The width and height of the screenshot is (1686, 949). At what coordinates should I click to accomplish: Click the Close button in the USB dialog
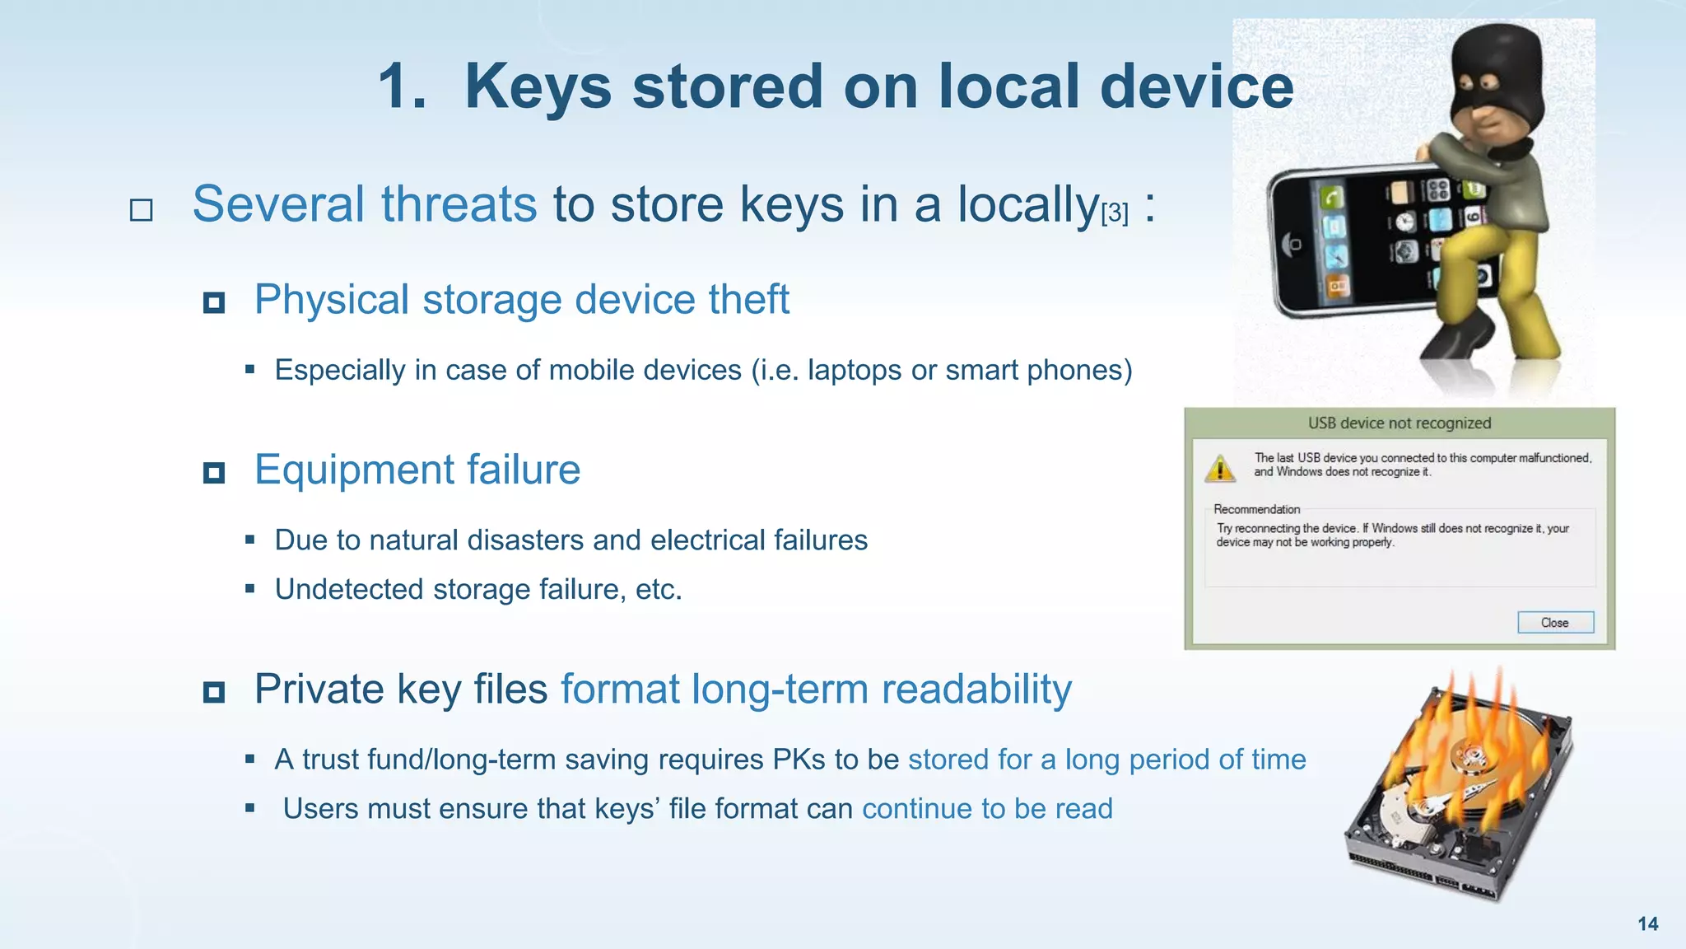point(1555,623)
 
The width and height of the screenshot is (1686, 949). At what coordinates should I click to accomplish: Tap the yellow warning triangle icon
point(1220,468)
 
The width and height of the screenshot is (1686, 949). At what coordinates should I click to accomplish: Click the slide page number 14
point(1647,923)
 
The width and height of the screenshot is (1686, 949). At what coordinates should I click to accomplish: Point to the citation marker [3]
point(1115,213)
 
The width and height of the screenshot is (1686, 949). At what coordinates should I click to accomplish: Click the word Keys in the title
point(538,86)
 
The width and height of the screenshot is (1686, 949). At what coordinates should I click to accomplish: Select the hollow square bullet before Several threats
point(142,210)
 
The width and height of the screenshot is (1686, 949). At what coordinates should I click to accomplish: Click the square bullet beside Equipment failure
point(214,473)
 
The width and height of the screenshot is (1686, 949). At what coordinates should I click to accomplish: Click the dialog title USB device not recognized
point(1400,423)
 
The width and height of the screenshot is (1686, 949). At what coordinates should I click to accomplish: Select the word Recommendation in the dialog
point(1256,509)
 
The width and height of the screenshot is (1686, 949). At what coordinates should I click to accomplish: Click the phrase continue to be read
point(987,809)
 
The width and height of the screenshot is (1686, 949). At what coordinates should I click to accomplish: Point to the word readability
point(976,690)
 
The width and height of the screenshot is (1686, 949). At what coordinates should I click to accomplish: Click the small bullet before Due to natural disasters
point(249,540)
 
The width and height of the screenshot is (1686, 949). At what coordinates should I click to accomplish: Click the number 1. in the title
point(402,86)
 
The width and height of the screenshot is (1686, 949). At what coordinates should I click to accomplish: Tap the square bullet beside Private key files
point(214,692)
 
